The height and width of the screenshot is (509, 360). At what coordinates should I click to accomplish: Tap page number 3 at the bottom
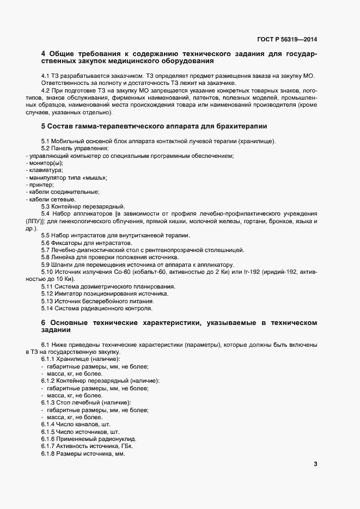coord(315,464)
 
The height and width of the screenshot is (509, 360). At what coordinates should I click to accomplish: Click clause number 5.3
coord(47,206)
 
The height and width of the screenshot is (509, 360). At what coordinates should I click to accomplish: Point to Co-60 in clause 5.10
coord(122,272)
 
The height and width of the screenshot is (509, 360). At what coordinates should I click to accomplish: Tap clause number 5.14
coord(49,307)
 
